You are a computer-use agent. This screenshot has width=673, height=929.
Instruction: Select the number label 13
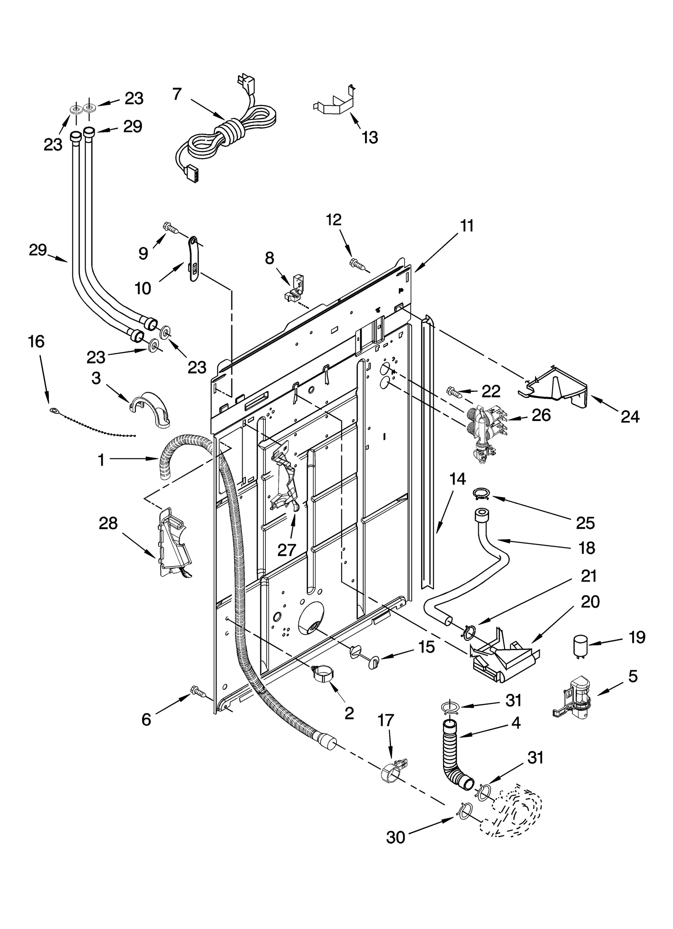pos(370,138)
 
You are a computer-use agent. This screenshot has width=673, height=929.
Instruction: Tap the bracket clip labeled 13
pos(334,103)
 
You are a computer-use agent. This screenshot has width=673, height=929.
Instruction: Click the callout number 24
pos(630,417)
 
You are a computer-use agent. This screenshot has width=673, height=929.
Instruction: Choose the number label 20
pos(590,602)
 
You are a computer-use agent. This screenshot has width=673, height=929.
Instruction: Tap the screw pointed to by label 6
pos(197,690)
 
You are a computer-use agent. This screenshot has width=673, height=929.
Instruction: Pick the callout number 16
pos(36,341)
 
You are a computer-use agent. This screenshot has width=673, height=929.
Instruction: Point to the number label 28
pos(108,524)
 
